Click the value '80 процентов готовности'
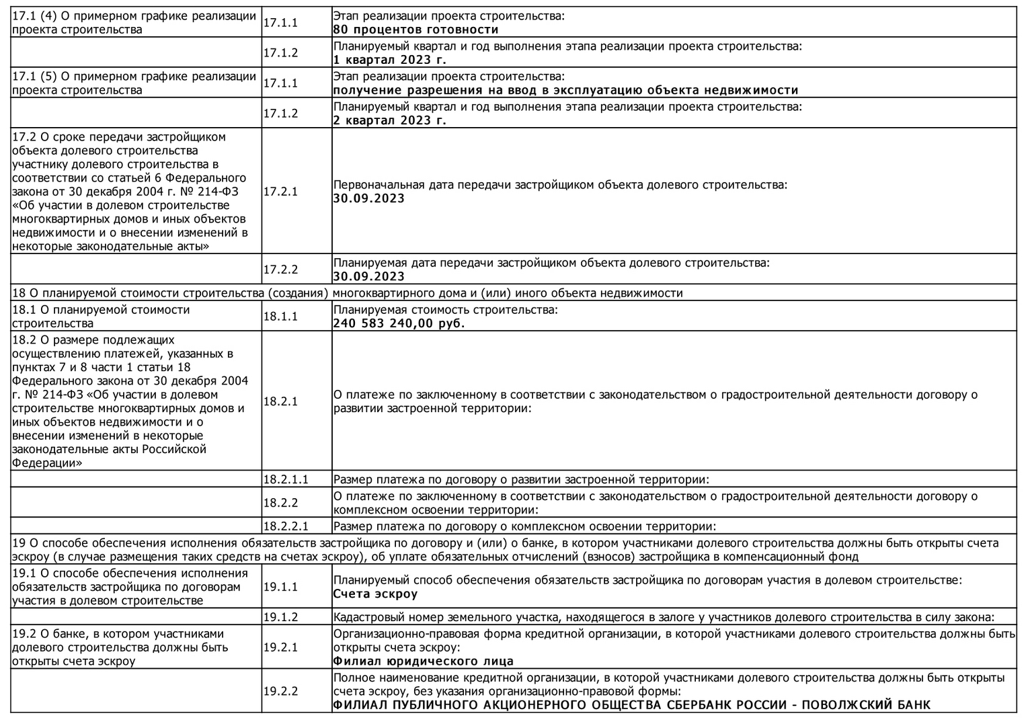(x=416, y=30)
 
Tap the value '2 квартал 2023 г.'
(x=389, y=120)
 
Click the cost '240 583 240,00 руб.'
(x=399, y=323)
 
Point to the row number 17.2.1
(x=280, y=192)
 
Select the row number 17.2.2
(x=280, y=270)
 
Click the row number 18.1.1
(x=280, y=317)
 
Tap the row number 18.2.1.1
(x=285, y=480)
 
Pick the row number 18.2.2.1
(x=285, y=526)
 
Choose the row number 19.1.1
(x=280, y=587)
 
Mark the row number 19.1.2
(x=280, y=617)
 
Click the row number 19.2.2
(x=280, y=691)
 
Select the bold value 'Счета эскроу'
(x=375, y=594)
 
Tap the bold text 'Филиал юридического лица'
(x=423, y=661)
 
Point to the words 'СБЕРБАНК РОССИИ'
(x=719, y=705)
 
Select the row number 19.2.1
(x=280, y=647)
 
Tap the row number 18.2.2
(x=280, y=503)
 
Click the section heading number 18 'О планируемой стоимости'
(x=17, y=293)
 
